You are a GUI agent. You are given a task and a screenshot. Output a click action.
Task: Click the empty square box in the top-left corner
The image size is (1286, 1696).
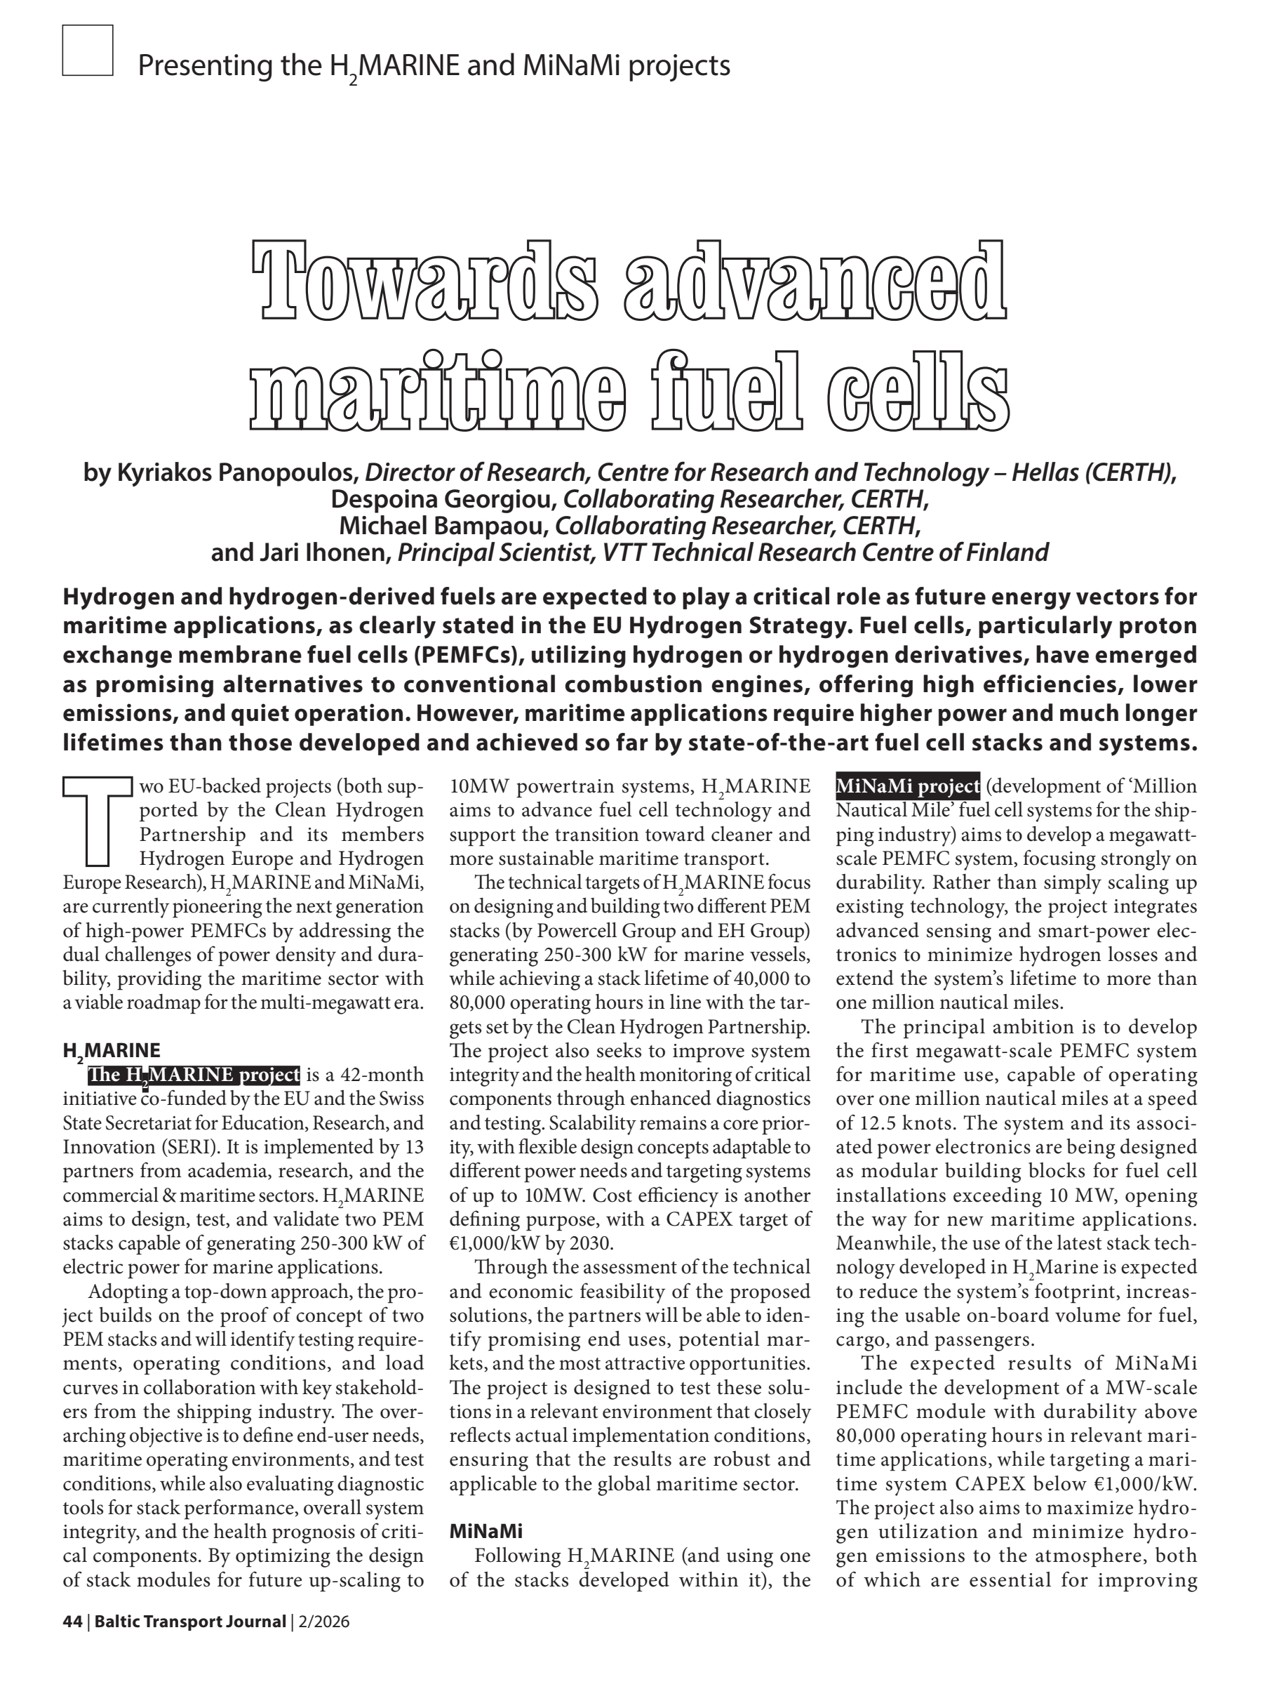pos(88,51)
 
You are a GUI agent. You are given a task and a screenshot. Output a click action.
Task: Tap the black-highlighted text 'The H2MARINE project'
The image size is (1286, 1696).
pos(194,1075)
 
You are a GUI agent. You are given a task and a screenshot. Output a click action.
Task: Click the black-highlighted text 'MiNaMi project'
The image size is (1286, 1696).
pos(907,786)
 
